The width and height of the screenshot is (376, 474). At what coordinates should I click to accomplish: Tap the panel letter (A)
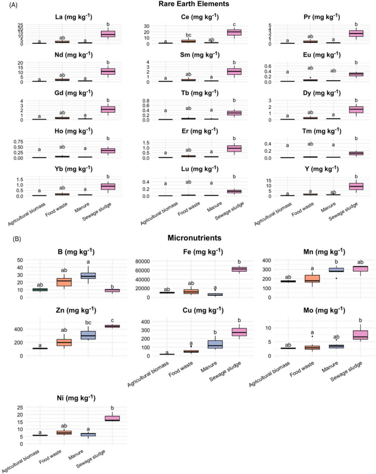[9, 4]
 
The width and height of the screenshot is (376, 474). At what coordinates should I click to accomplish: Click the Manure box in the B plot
[88, 276]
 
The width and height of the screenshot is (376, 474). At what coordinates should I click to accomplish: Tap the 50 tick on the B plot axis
[20, 260]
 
